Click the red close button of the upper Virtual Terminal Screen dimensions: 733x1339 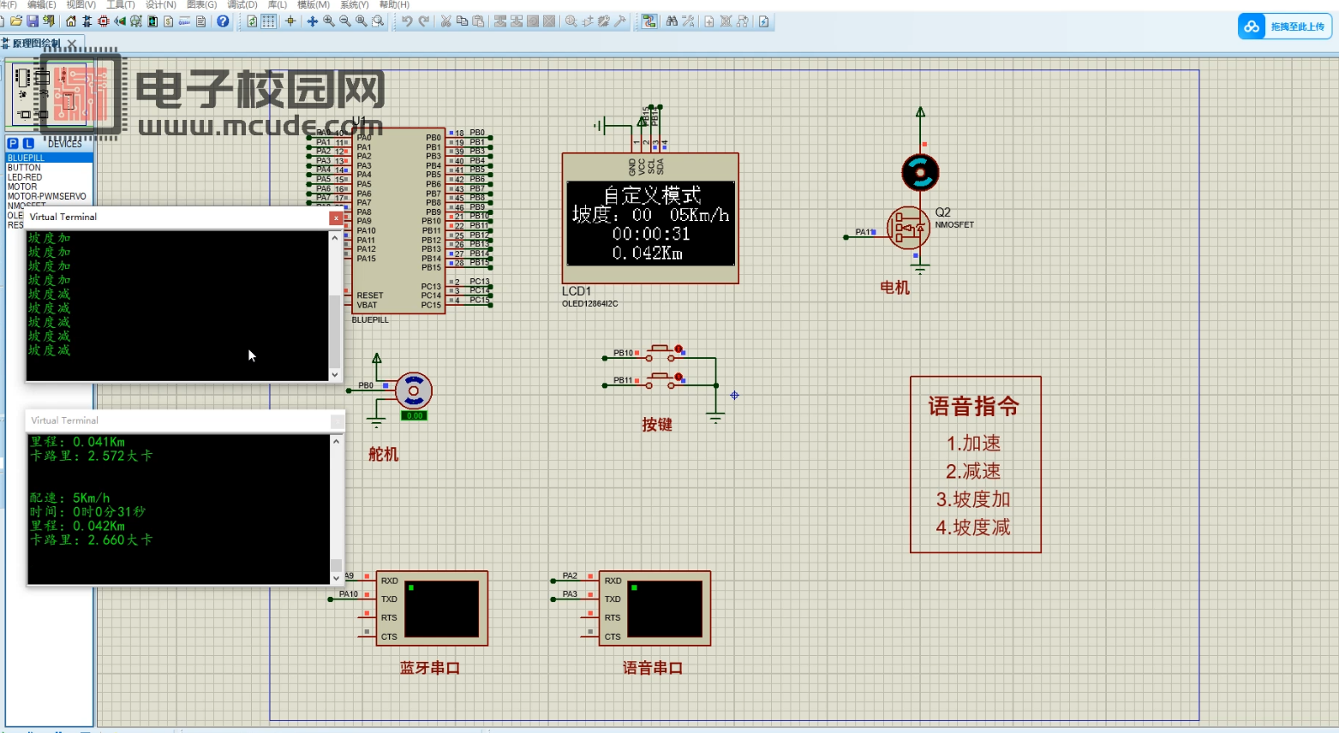coord(336,218)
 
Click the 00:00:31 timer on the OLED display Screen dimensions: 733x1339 coord(651,234)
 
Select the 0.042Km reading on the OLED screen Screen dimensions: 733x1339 coord(648,253)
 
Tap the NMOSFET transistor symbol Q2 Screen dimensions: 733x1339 coord(908,229)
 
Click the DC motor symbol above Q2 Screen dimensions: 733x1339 coord(920,172)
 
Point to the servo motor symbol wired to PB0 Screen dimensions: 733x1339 coord(414,390)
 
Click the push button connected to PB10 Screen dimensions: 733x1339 coord(661,353)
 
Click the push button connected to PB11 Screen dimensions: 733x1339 coord(661,380)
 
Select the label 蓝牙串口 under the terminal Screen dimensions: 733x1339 coord(430,668)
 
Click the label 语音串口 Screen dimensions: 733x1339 coord(653,668)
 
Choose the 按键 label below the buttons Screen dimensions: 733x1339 coord(657,425)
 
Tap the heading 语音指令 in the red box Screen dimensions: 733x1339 coord(974,407)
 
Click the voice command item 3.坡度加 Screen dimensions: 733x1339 coord(974,499)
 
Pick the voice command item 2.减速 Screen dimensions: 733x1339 coord(973,471)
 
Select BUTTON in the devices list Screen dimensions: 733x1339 coord(24,168)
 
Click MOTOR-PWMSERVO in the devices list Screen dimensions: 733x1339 coord(47,196)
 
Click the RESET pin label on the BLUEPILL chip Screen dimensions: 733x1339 coord(370,295)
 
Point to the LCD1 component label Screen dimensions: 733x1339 coord(577,291)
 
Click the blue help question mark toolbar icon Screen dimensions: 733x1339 coord(223,21)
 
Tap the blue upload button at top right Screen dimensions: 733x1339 coord(1285,27)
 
